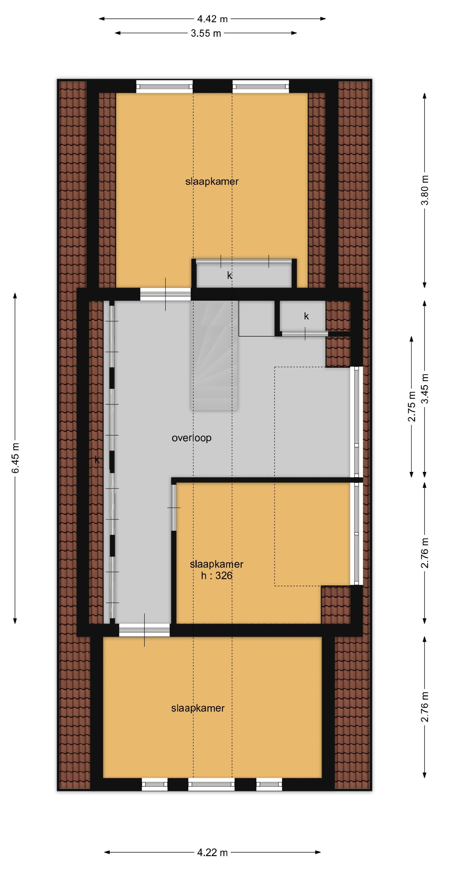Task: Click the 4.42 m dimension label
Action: (x=213, y=19)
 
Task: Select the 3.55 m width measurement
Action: (x=206, y=33)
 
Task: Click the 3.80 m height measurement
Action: (x=424, y=190)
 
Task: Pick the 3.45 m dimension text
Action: (x=424, y=388)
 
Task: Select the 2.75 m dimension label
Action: (x=411, y=407)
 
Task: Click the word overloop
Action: (x=192, y=438)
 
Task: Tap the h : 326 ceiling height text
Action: (x=216, y=575)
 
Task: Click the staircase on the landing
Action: (x=215, y=356)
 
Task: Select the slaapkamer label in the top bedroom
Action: (x=212, y=181)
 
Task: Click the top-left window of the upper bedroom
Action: (x=165, y=86)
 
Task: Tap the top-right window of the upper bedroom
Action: (x=261, y=86)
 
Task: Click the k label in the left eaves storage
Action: (x=97, y=460)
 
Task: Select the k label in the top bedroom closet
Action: (x=230, y=276)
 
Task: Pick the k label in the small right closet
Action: (x=306, y=316)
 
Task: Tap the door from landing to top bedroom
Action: (x=165, y=294)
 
